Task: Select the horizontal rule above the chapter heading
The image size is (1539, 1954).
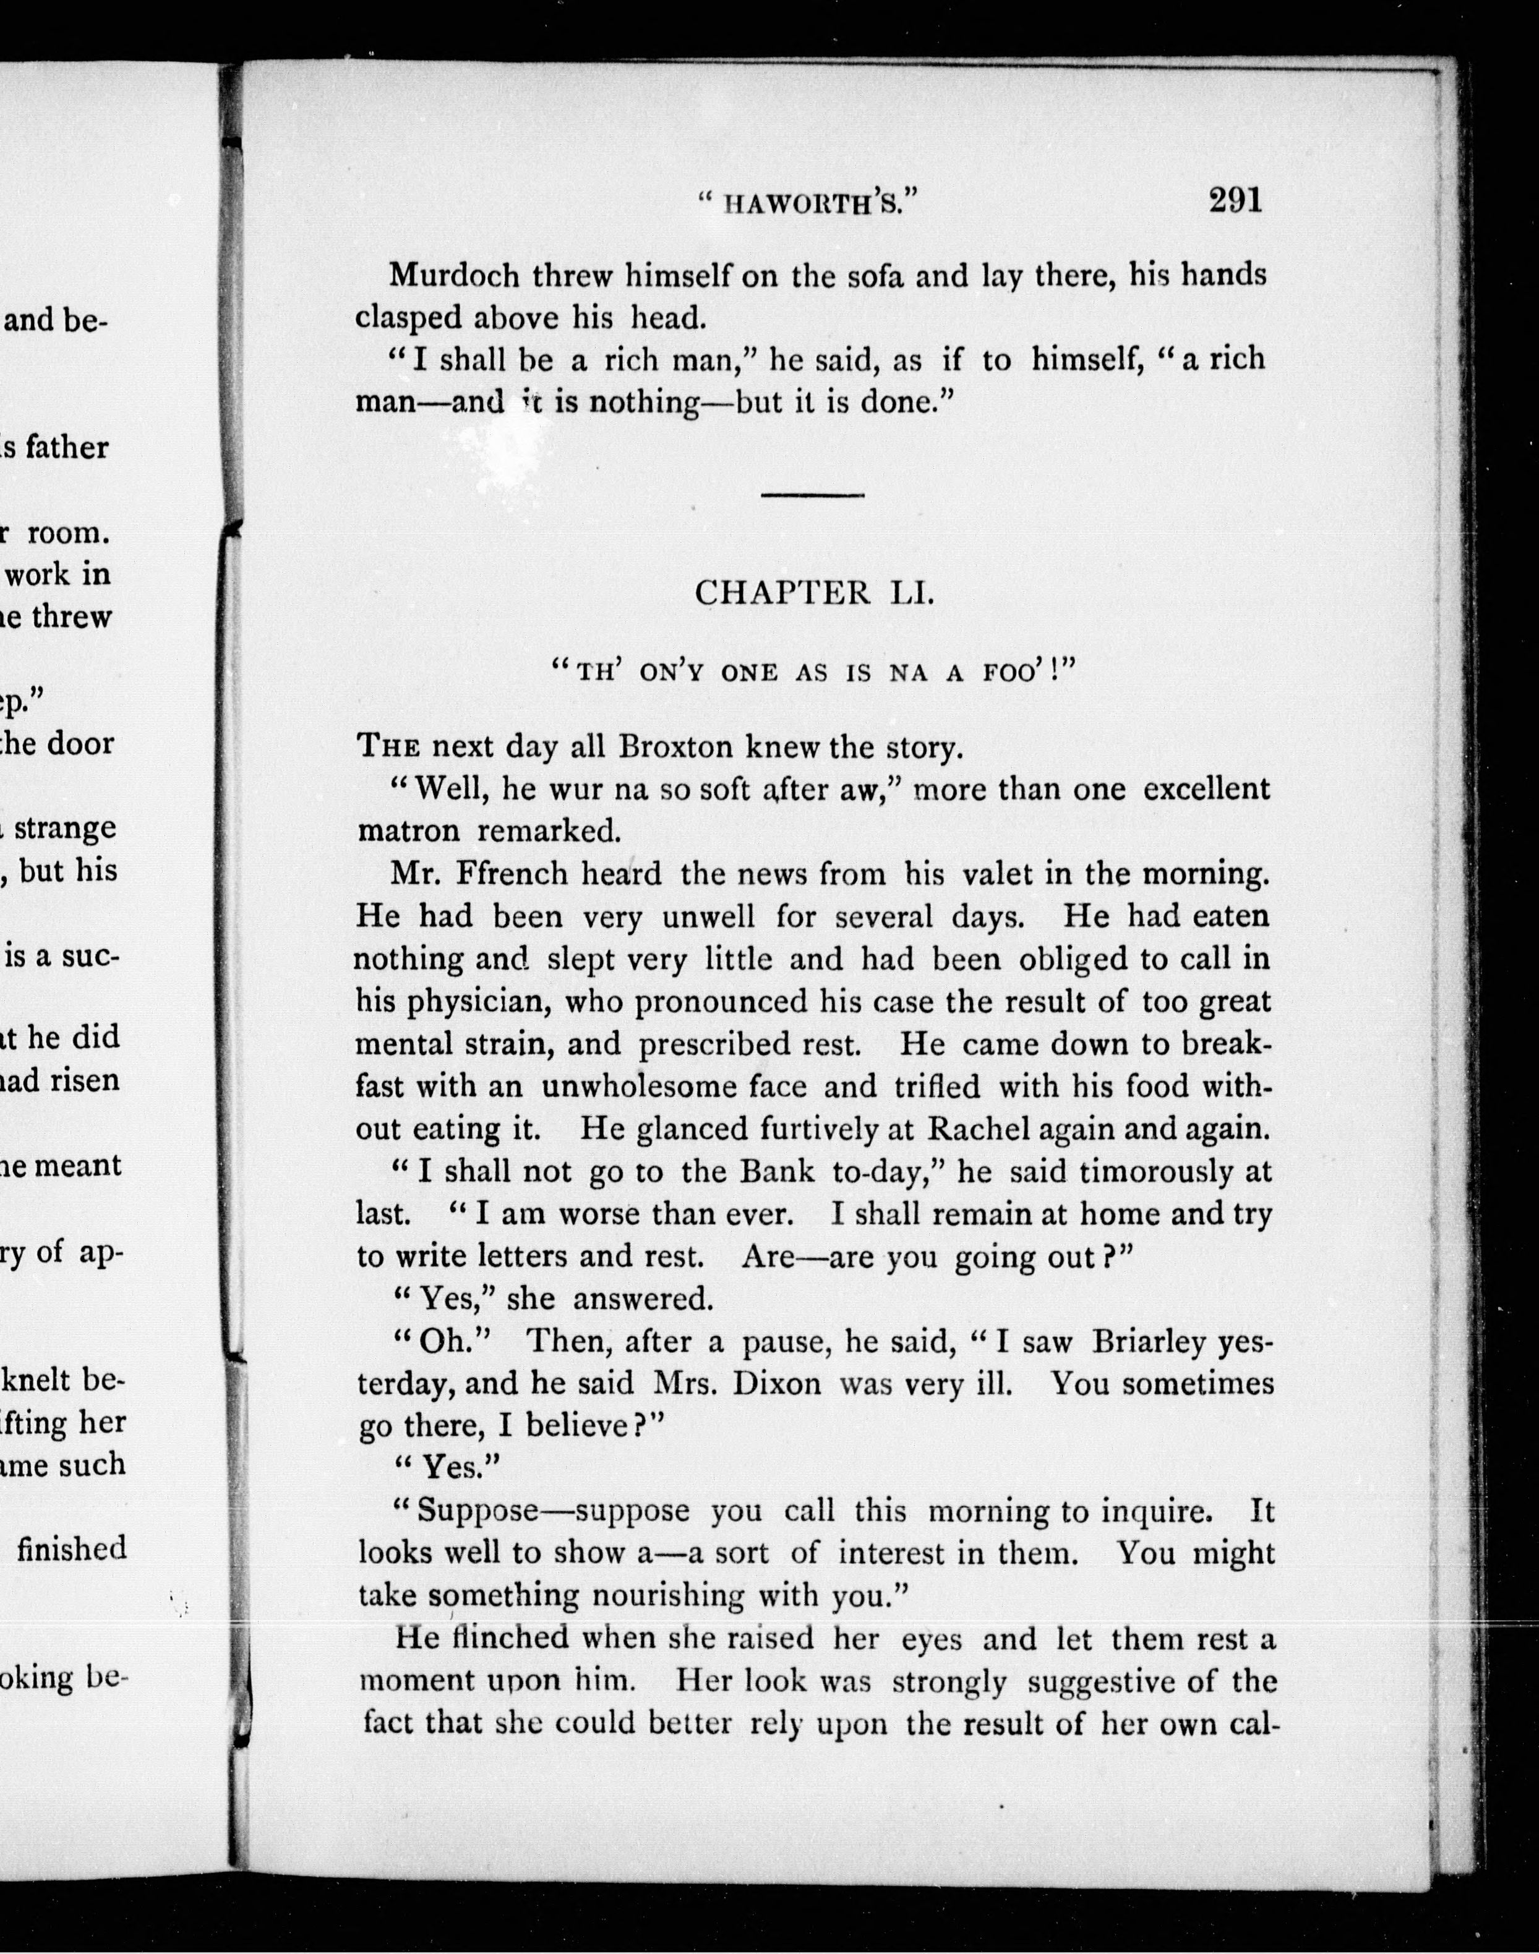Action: [x=813, y=495]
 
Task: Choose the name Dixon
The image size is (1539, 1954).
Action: [x=777, y=1384]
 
